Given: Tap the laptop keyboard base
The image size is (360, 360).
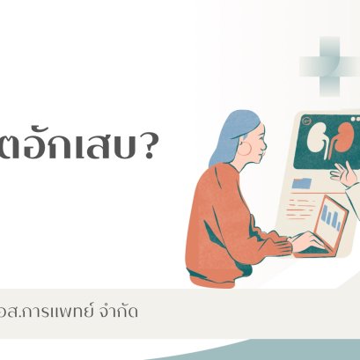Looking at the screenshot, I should (x=317, y=252).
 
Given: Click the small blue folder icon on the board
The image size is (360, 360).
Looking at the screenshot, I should (x=302, y=183).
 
